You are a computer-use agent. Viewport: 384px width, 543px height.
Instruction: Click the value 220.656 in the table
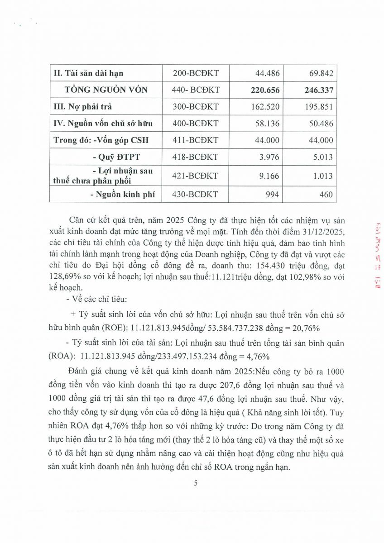coord(265,90)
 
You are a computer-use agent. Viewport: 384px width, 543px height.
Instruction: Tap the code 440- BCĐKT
coord(196,90)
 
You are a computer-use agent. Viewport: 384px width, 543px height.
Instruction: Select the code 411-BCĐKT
coord(196,140)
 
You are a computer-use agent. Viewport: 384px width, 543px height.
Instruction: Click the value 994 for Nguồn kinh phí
coord(273,195)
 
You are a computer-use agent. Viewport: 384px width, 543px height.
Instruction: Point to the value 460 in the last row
coord(326,195)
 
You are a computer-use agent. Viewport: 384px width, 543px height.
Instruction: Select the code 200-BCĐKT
coord(196,73)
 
